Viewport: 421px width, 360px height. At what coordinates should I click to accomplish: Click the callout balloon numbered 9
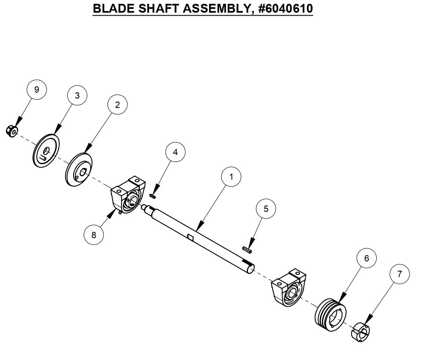coord(36,90)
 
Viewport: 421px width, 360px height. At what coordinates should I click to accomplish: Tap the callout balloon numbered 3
coord(77,96)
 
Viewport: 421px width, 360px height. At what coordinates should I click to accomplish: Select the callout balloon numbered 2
coord(117,105)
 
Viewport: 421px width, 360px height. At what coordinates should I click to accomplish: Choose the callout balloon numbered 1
coord(231,177)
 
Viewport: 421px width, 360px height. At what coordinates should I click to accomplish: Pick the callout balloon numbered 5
coord(266,209)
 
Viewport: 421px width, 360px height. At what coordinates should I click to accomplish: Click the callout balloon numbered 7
coord(400,274)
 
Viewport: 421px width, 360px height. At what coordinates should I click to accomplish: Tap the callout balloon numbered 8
coord(94,234)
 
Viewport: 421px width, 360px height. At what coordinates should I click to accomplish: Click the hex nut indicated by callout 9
coord(11,132)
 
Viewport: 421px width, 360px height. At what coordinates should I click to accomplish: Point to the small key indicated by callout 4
coord(154,195)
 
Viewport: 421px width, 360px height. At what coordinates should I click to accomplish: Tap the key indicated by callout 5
coord(247,250)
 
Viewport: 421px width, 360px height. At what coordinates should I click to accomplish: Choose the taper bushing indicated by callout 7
coord(360,330)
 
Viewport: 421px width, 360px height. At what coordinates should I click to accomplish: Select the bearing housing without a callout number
coord(289,289)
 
